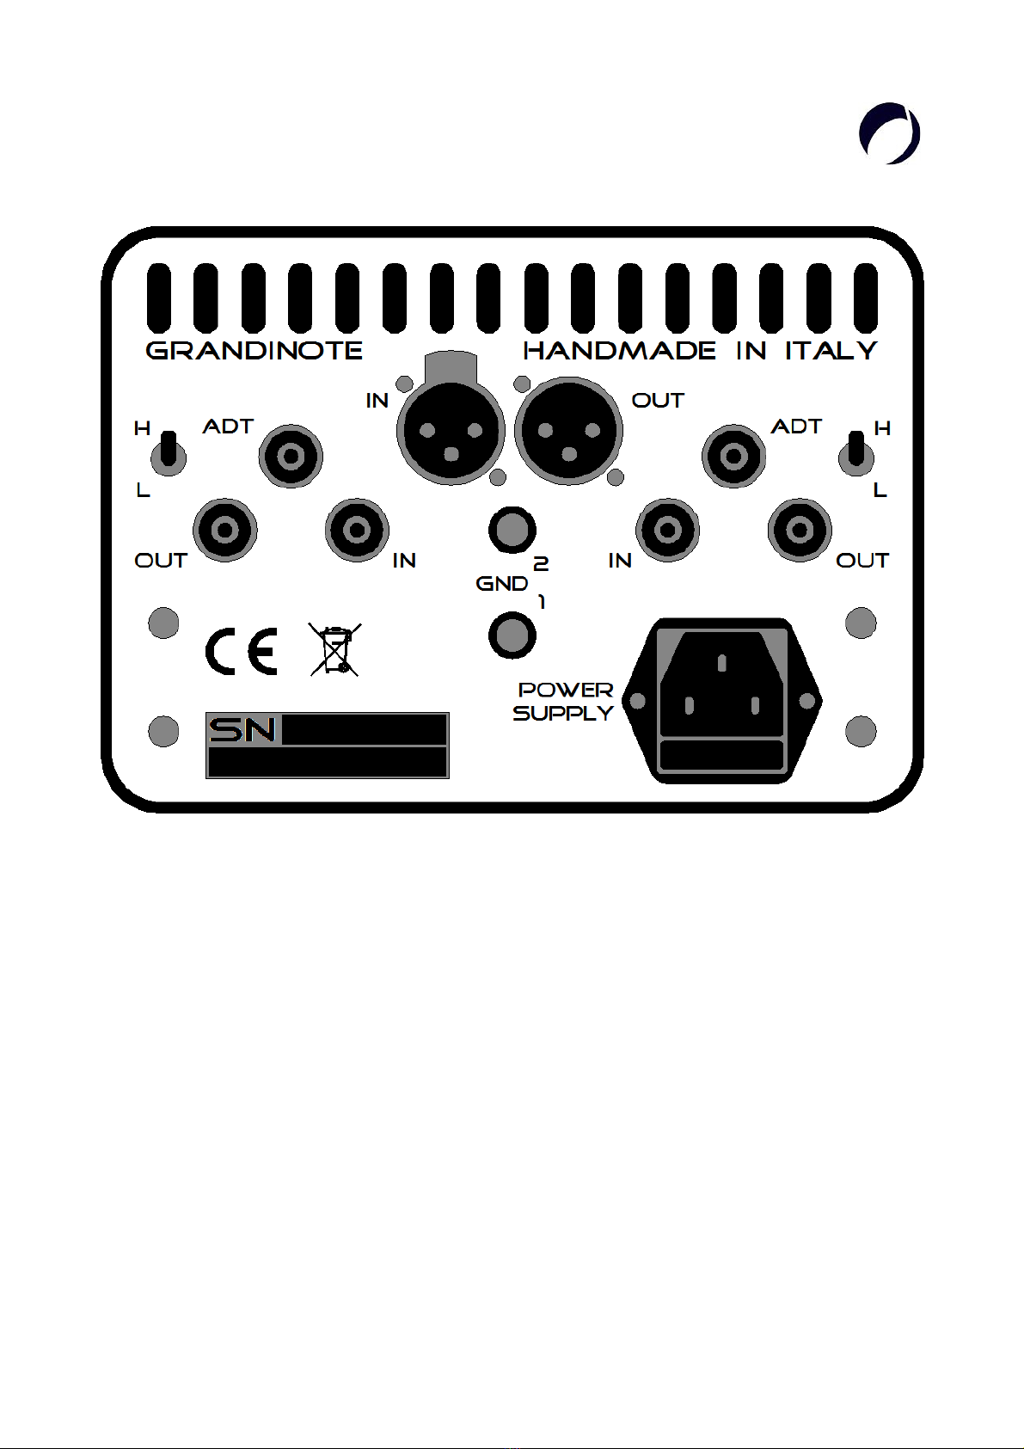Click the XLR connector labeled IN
(x=451, y=429)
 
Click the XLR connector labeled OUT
(x=568, y=429)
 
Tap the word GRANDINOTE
(x=254, y=350)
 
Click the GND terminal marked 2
(x=512, y=529)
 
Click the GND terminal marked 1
(x=512, y=635)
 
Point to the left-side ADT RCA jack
(x=291, y=456)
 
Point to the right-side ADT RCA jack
(x=733, y=456)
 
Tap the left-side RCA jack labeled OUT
(x=225, y=530)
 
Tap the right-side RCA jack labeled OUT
(x=800, y=530)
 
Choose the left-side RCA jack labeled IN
(x=357, y=530)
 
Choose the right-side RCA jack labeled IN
(x=667, y=530)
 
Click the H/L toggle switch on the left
(x=169, y=453)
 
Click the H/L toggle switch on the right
(x=855, y=453)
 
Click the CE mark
(x=241, y=652)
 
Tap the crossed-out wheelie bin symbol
(x=335, y=650)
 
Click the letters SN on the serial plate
(x=242, y=730)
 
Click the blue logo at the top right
(x=890, y=133)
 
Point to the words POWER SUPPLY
(x=564, y=701)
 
